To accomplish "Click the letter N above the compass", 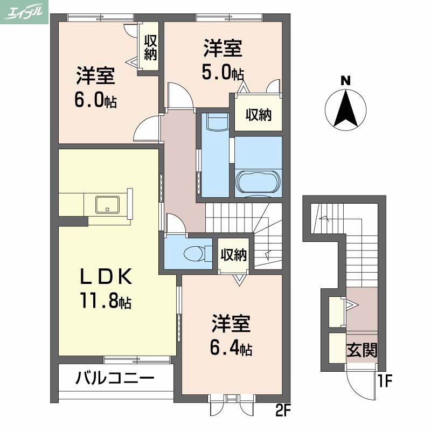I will pos(345,81).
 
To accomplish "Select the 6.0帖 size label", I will pos(96,101).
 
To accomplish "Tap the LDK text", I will pos(106,276).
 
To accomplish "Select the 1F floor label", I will pos(384,382).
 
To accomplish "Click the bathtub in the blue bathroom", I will pos(258,182).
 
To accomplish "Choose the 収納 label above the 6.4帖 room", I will pos(234,255).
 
